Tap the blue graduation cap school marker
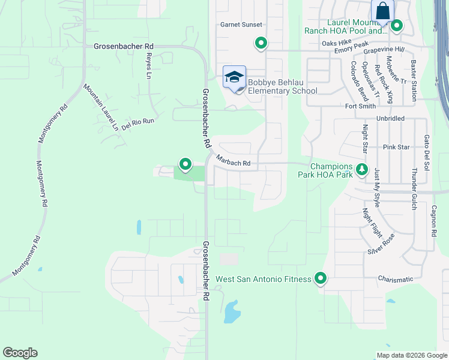pyautogui.click(x=234, y=77)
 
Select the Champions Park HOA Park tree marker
pyautogui.click(x=362, y=170)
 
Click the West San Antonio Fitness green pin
pyautogui.click(x=321, y=278)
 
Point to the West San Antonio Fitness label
pyautogui.click(x=263, y=279)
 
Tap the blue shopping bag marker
pyautogui.click(x=382, y=11)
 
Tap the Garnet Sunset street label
pyautogui.click(x=240, y=25)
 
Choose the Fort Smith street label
pyautogui.click(x=360, y=106)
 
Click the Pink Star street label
pyautogui.click(x=396, y=147)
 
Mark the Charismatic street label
pyautogui.click(x=396, y=279)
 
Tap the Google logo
pyautogui.click(x=20, y=353)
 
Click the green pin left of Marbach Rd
pyautogui.click(x=185, y=163)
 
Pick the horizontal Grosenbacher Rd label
pyautogui.click(x=124, y=46)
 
